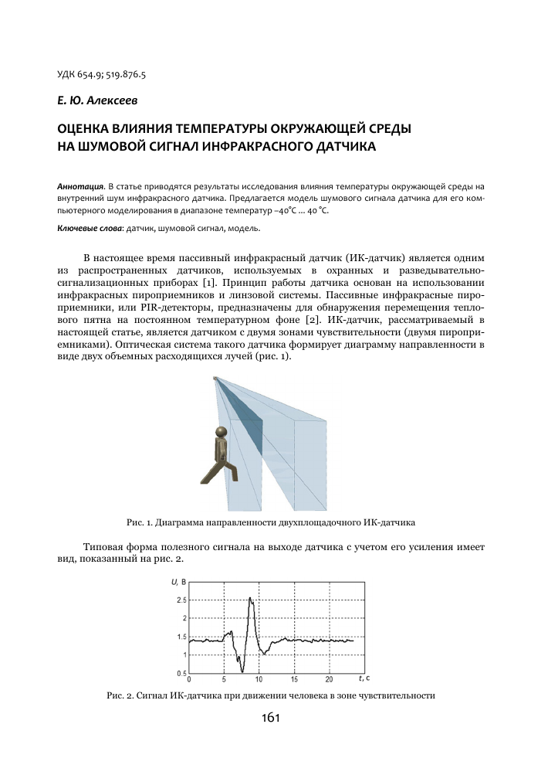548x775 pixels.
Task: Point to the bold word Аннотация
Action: tap(81, 187)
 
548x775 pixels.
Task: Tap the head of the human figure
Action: tap(222, 432)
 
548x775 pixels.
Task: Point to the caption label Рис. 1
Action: tap(127, 521)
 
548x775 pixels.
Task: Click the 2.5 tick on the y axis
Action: tap(181, 600)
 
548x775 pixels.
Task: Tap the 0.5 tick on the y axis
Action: tap(181, 672)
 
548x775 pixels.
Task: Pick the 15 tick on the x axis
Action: tap(293, 680)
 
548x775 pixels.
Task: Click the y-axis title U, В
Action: tap(178, 581)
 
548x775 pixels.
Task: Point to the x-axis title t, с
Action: tap(364, 678)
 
